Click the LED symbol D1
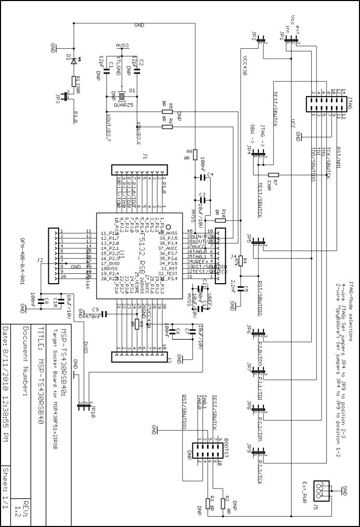(x=74, y=60)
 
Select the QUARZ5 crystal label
(x=123, y=105)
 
